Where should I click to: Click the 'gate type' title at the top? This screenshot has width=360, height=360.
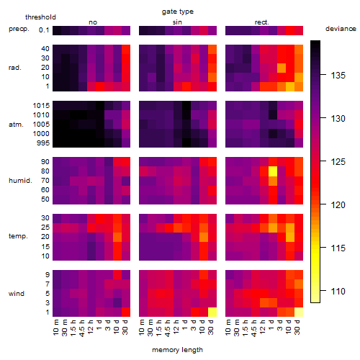point(178,12)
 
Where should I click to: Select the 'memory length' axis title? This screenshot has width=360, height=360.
point(177,350)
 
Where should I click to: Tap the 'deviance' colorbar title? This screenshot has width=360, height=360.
point(341,29)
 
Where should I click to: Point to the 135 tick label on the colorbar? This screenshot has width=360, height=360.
point(338,76)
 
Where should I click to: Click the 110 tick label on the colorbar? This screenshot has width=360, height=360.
point(338,291)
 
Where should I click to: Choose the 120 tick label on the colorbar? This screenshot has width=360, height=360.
point(338,204)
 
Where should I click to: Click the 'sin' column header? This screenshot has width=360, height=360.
point(177,22)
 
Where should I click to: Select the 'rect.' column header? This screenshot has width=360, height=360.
point(262,22)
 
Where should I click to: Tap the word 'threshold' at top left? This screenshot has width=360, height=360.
point(40,17)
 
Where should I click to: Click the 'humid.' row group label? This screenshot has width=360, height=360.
point(20,181)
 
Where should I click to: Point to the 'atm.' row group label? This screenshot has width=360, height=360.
point(16,125)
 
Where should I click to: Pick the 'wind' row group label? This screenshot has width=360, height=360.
point(17,294)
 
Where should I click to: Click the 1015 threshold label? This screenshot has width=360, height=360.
point(41,106)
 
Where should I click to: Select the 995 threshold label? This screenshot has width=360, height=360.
point(43,143)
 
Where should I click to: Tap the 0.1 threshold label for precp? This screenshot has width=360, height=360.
point(44,30)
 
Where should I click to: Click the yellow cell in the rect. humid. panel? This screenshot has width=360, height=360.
point(273,171)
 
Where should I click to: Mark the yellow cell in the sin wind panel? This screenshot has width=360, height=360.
point(212,312)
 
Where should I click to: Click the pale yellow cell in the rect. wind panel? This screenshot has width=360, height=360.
point(299,312)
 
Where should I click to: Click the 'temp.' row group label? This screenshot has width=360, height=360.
point(18,236)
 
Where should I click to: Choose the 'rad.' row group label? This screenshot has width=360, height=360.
point(15,68)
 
